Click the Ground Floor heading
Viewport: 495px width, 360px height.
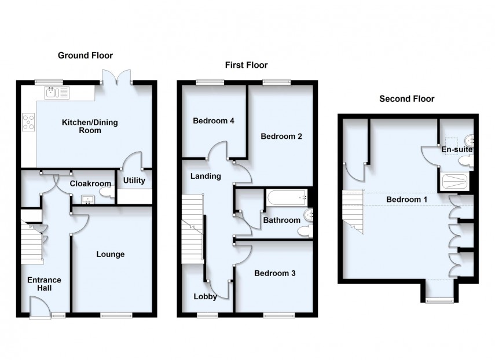point(85,56)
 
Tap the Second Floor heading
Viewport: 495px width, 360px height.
point(406,99)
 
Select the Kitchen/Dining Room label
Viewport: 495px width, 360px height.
point(82,126)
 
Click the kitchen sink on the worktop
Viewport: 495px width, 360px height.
point(56,91)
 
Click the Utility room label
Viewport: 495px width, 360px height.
point(134,181)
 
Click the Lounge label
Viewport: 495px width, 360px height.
point(111,254)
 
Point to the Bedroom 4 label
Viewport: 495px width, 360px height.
point(213,121)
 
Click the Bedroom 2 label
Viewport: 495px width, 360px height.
point(281,137)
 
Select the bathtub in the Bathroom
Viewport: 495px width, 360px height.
point(288,199)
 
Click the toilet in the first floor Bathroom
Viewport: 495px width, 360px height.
point(303,231)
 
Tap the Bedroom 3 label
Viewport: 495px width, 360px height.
point(274,273)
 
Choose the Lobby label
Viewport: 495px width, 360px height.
point(206,297)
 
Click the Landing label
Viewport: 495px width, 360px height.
point(206,176)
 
